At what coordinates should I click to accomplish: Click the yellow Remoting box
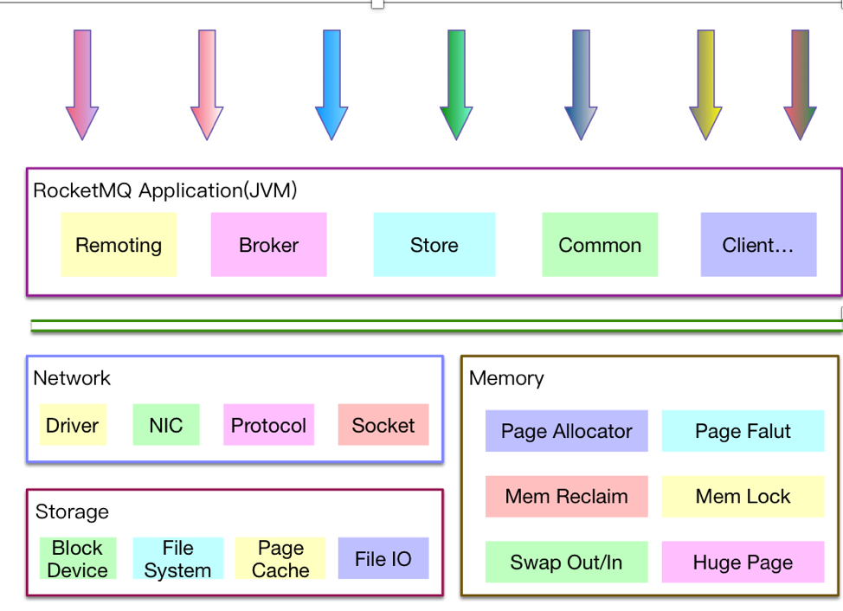coord(119,245)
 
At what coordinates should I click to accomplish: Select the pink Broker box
coord(268,245)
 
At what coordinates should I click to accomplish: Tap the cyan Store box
coord(434,245)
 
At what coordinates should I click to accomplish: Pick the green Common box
coord(600,245)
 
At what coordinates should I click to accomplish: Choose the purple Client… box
coord(758,245)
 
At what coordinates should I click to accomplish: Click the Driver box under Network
coord(73,425)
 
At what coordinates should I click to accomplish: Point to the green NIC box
coord(166,425)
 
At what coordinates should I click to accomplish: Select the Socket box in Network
coord(383,425)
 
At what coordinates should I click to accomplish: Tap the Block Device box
coord(78,559)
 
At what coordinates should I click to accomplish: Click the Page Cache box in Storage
coord(280,559)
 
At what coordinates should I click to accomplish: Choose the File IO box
coord(383,559)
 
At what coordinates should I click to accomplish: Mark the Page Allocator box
coord(566,431)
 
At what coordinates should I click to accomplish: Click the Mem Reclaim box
coord(566,497)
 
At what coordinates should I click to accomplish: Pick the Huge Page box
coord(743,563)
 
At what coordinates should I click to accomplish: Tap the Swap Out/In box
coord(566,563)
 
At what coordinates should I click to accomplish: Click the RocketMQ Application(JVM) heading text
coord(164,190)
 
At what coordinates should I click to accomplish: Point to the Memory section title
coord(506,378)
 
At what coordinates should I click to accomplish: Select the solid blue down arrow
coord(331,85)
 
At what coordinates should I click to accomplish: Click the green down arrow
coord(456,85)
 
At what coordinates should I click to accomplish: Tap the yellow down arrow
coord(705,85)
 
